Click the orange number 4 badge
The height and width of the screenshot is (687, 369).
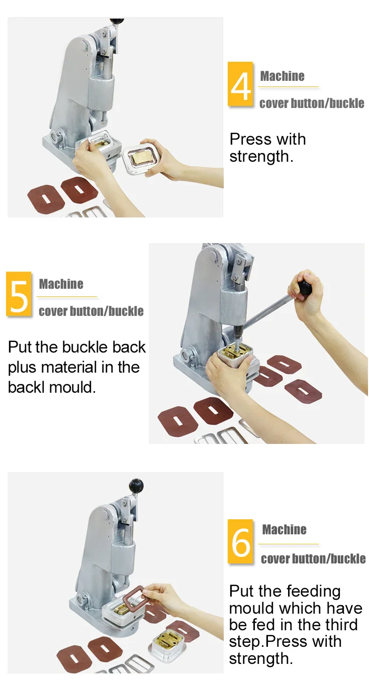click(240, 84)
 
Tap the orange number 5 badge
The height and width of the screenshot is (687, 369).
click(19, 294)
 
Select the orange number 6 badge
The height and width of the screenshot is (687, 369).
click(240, 541)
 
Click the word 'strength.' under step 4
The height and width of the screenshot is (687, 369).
click(261, 157)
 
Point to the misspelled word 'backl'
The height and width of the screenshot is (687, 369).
click(27, 387)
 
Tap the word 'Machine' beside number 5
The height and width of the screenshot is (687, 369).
click(61, 284)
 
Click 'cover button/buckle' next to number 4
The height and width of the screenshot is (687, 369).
click(312, 103)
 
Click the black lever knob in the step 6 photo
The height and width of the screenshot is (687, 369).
click(136, 485)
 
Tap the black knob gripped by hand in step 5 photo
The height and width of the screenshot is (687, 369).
click(305, 287)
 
